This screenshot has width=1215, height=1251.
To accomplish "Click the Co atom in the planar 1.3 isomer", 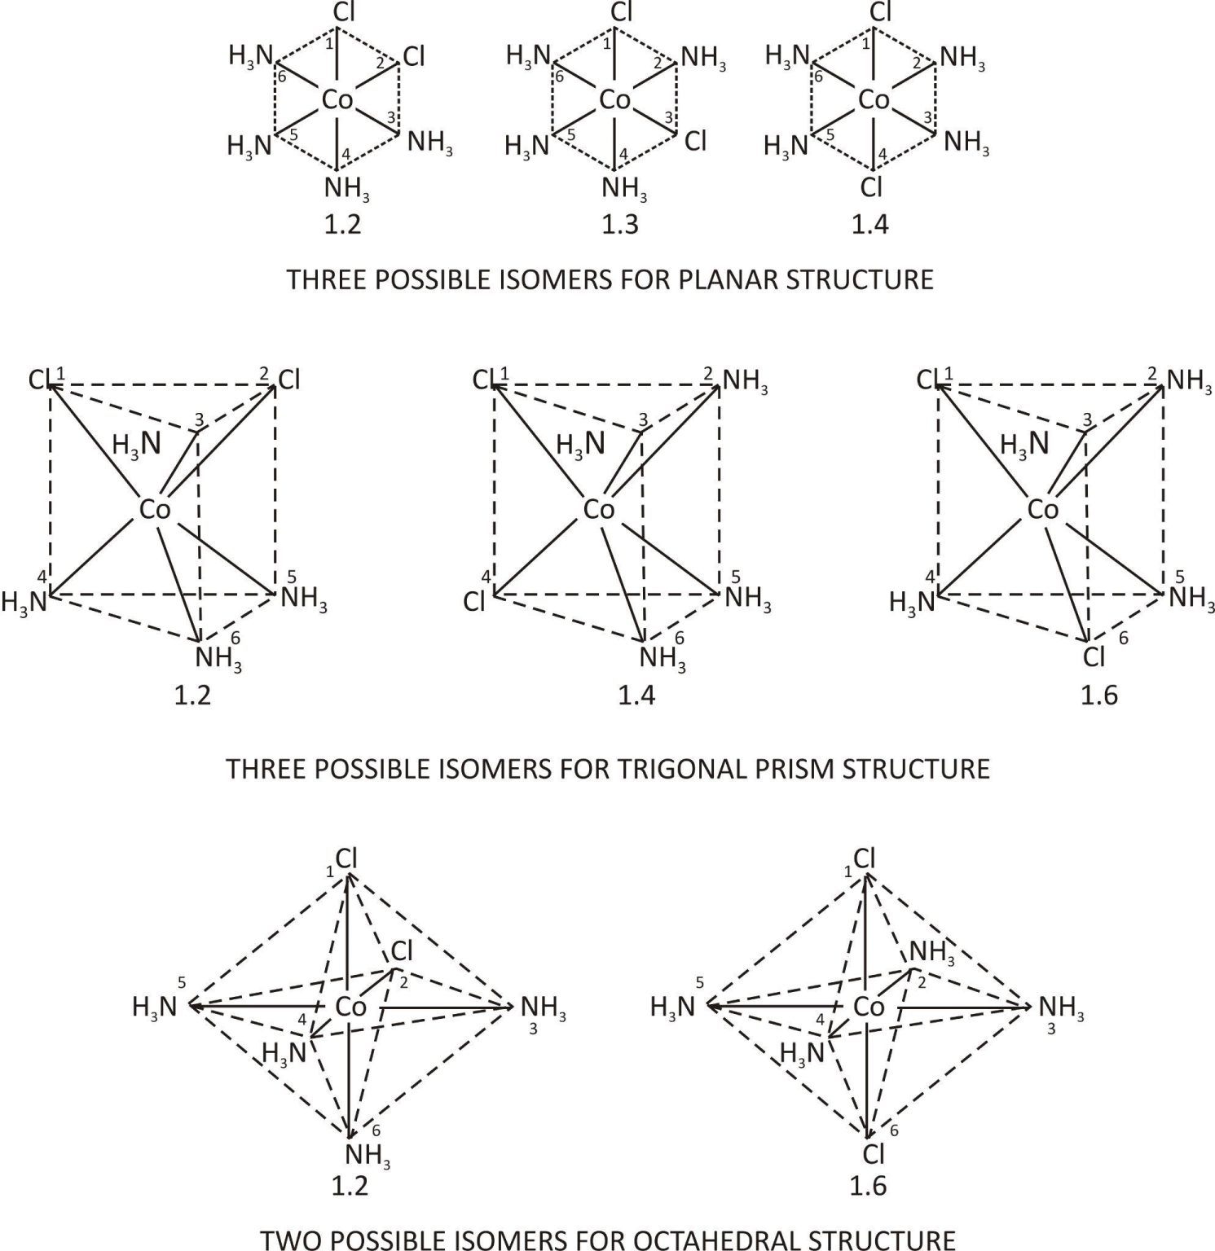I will tap(614, 100).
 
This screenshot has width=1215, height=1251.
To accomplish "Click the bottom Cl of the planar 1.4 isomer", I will tap(872, 188).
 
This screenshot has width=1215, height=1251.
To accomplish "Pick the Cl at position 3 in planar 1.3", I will tap(696, 141).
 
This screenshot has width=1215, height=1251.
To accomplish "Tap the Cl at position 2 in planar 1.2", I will tap(414, 56).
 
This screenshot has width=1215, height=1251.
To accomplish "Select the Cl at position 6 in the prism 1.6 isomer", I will tap(1094, 656).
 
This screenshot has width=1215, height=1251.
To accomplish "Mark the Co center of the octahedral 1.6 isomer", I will tap(869, 1007).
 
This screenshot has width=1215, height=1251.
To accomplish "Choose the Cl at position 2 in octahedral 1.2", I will tap(402, 950).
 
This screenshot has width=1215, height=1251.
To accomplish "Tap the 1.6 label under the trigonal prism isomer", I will tap(1098, 696).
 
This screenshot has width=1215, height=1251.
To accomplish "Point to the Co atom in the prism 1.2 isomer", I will tap(155, 510).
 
